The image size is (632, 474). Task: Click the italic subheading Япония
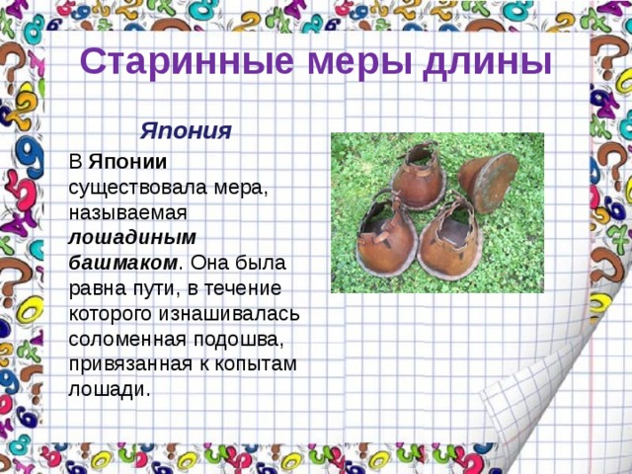[186, 130]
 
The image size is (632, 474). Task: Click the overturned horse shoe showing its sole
[489, 182]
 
